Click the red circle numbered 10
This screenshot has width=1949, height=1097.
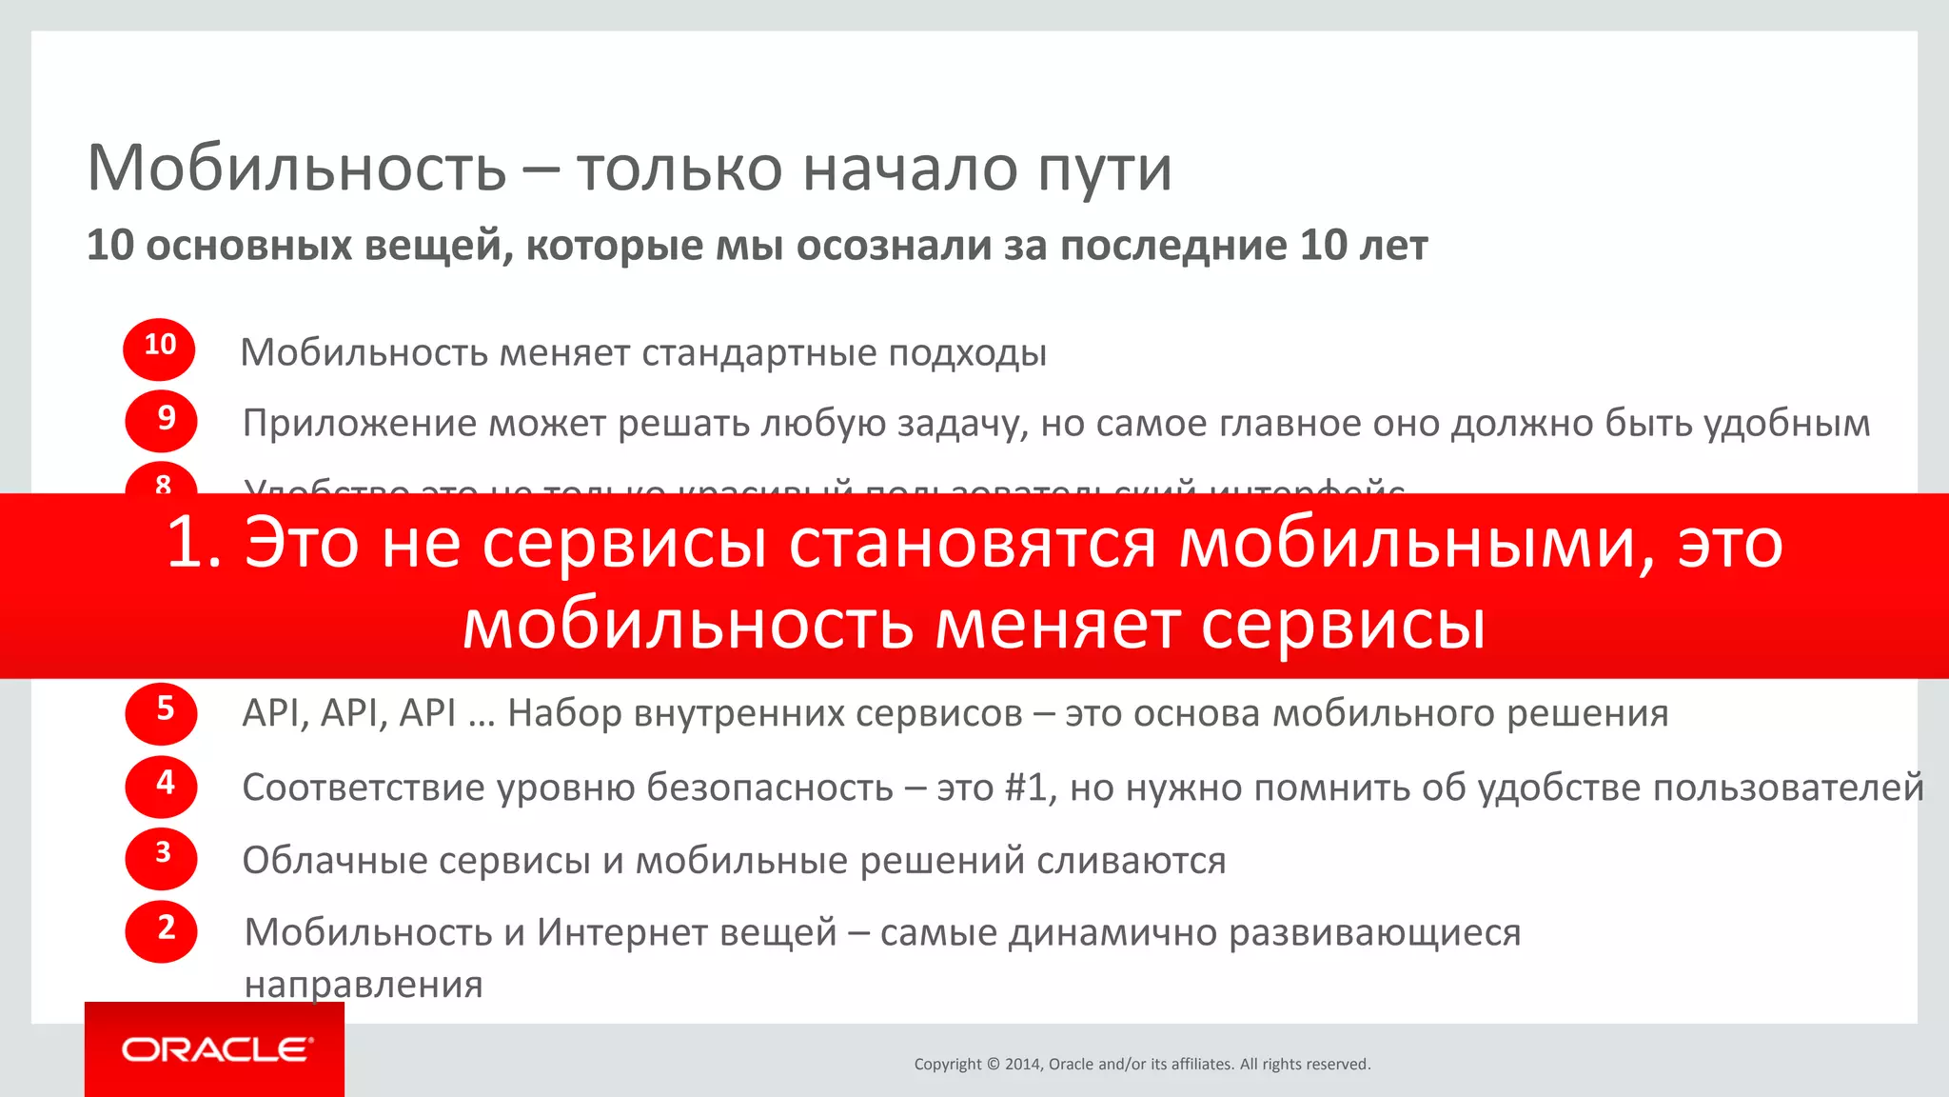(x=159, y=349)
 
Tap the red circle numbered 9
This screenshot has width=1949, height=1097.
(x=161, y=420)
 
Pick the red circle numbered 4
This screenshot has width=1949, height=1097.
(x=161, y=786)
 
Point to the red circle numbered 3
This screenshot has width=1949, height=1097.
(x=161, y=857)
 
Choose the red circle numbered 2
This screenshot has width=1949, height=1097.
(x=161, y=930)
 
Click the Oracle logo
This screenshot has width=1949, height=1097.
(x=216, y=1050)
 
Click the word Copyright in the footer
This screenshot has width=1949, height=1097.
(x=947, y=1065)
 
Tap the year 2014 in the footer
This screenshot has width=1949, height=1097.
(x=1024, y=1065)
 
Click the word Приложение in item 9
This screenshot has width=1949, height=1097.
(x=360, y=424)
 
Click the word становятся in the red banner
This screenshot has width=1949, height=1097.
(x=973, y=544)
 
